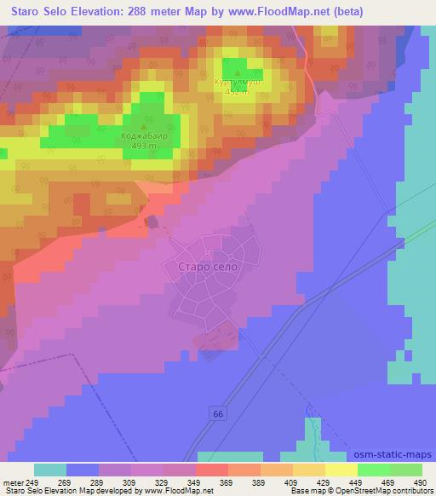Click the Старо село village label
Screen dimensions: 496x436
(204, 267)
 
